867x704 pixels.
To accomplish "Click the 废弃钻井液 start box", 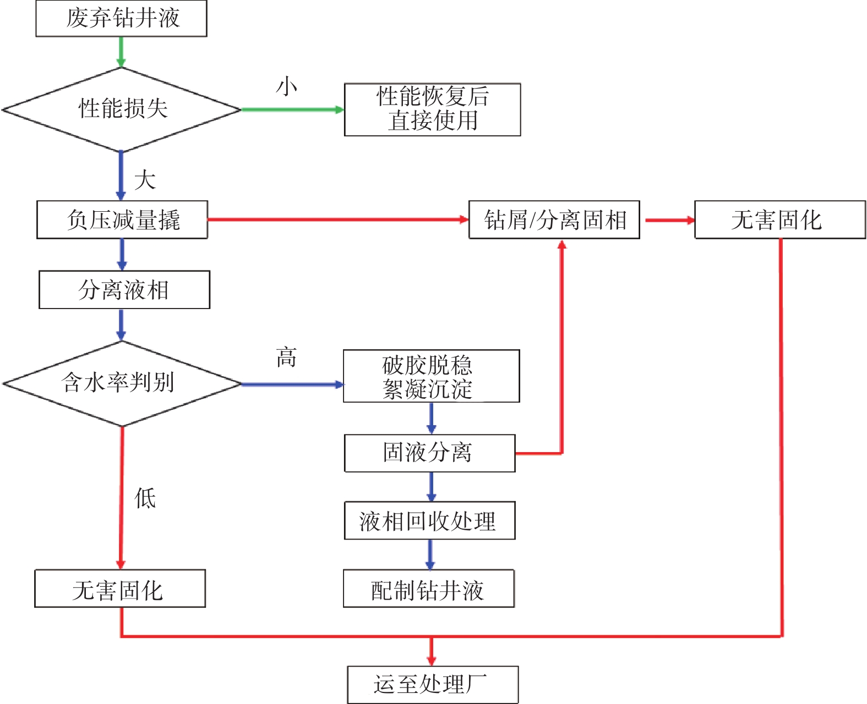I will [121, 18].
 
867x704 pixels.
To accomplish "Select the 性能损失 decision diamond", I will [121, 109].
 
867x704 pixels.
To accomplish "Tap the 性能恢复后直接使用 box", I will [432, 109].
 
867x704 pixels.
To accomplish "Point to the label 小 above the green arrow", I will [287, 86].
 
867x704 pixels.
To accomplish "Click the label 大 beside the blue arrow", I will [145, 180].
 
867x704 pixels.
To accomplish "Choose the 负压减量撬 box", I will [122, 219].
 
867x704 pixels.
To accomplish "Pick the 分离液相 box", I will [124, 289].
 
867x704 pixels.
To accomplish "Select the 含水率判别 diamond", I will [121, 383].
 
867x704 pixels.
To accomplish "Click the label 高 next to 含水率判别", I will [286, 358].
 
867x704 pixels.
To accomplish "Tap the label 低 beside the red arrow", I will [145, 498].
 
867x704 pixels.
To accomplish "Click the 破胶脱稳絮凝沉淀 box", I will [431, 376].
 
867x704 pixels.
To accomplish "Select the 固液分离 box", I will [429, 453].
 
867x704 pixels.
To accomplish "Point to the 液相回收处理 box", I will [429, 520].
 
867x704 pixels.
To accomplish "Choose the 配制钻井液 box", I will [428, 588].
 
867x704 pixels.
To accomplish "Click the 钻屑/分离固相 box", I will [554, 219].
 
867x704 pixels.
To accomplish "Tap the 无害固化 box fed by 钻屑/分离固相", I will [779, 219].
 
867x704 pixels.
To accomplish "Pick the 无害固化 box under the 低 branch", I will [119, 588].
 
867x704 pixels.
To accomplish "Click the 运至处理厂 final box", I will [433, 684].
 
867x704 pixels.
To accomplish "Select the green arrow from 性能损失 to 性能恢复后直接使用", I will [292, 109].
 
